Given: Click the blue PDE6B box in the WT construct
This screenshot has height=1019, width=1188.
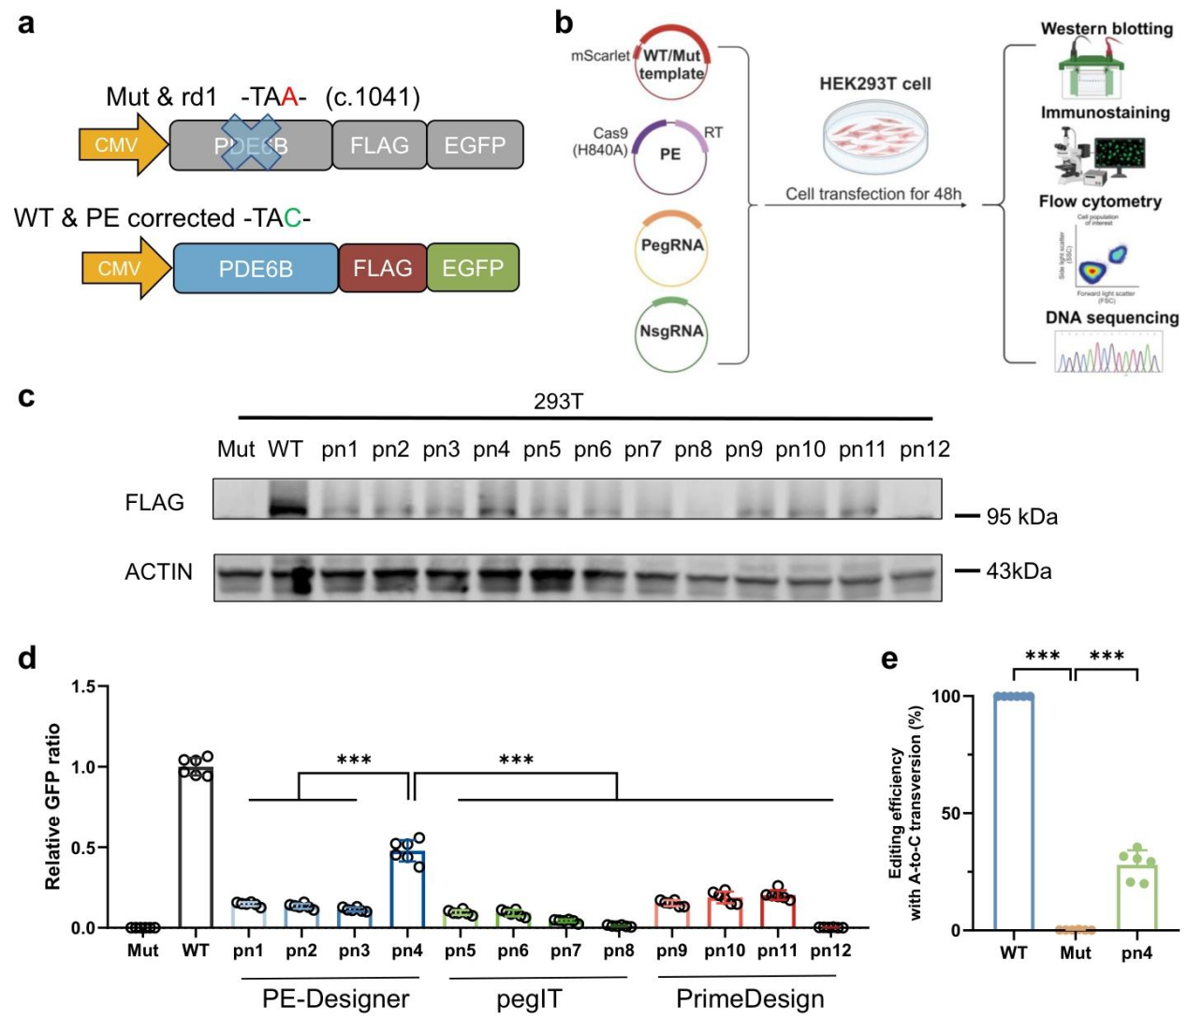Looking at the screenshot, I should point(256,269).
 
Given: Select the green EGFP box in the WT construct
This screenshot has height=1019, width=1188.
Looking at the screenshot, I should point(473,268).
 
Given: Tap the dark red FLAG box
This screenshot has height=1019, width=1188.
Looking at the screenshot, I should point(382,268).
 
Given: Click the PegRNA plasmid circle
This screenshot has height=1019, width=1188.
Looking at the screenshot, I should point(671,247).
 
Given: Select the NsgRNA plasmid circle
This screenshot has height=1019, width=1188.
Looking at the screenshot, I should point(671,332).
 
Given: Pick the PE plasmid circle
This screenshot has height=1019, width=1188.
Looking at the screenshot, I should point(669,155).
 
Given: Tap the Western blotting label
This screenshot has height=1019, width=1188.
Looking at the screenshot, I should point(1106,29).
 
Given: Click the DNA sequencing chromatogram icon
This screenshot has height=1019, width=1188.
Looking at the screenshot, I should point(1108,354).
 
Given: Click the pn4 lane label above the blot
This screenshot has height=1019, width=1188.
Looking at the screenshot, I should point(491,450).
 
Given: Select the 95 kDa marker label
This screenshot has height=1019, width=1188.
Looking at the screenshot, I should point(1021,517).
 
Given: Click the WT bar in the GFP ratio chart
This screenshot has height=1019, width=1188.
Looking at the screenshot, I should point(196,847).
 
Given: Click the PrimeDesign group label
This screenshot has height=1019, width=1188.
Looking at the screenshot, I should point(750,999).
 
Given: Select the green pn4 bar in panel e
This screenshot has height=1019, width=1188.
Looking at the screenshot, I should point(1137,896).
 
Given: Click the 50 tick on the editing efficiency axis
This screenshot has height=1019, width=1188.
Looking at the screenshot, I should point(951,813).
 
